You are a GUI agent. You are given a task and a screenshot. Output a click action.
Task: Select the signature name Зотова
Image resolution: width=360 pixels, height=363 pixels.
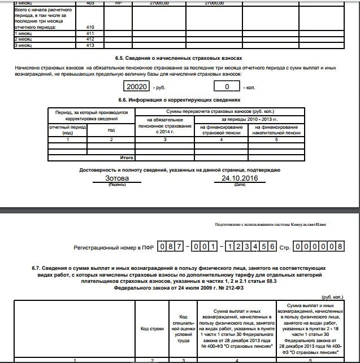click(117, 178)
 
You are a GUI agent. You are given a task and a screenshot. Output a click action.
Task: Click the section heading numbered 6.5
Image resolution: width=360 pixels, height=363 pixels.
click(180, 58)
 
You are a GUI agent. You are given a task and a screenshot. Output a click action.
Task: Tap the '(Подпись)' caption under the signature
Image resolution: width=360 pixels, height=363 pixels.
click(117, 185)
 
